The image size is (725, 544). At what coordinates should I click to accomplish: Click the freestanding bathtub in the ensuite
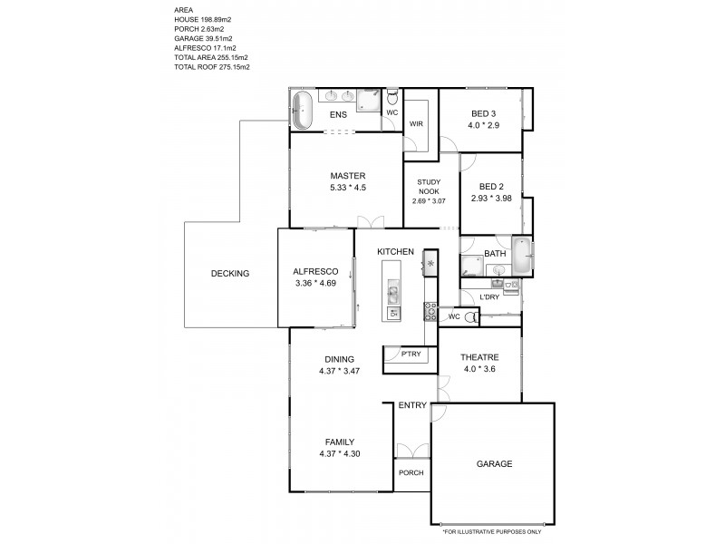coord(303,110)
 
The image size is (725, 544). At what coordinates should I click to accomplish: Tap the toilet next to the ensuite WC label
coord(392,96)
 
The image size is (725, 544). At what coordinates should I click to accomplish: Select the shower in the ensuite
coord(369,100)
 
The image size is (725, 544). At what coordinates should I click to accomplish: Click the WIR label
coord(416,123)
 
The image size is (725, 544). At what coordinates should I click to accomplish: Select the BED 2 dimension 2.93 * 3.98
coord(491,198)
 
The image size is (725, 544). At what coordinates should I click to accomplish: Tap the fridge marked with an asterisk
coord(430,264)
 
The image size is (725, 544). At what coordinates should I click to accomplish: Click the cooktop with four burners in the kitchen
coord(430,311)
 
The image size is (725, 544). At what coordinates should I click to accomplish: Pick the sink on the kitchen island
coord(393,292)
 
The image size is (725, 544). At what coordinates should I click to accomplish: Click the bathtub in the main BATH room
coord(522,255)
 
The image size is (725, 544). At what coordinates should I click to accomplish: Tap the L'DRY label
coord(489,296)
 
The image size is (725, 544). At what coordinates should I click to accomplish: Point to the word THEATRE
coord(479,356)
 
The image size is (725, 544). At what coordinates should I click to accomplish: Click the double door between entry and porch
coord(413,450)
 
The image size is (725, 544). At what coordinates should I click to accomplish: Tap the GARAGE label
coord(494,463)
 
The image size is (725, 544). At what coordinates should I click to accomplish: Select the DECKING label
coord(229,273)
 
